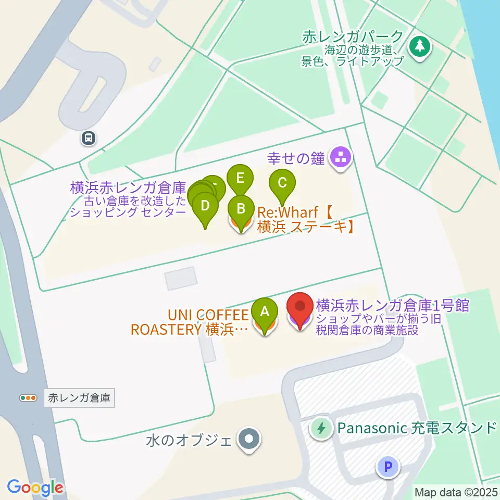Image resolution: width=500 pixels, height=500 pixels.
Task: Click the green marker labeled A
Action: click(265, 312)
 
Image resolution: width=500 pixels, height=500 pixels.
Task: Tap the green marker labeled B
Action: click(241, 209)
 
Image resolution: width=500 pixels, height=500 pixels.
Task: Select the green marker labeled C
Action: click(282, 183)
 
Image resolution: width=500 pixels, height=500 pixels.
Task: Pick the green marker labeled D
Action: click(205, 206)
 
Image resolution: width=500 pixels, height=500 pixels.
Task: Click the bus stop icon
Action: click(89, 138)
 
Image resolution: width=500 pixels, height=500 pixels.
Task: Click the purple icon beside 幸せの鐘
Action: click(341, 158)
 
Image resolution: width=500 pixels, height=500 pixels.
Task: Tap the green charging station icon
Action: click(321, 429)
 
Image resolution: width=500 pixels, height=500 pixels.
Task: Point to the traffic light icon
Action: click(28, 398)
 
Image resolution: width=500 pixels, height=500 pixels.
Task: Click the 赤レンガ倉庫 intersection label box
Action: click(79, 398)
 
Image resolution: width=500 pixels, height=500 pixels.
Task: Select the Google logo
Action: click(35, 488)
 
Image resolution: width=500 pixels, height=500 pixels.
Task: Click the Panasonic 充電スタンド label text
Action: click(417, 428)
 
